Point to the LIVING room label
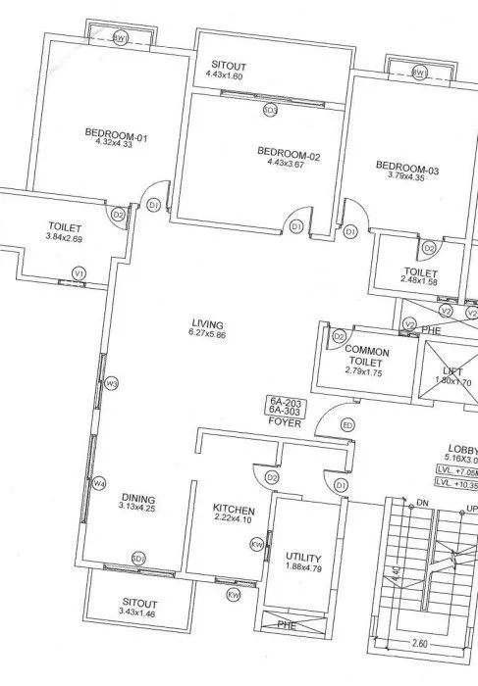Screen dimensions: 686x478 208,323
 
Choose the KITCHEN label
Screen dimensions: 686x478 235,510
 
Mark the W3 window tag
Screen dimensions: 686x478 111,383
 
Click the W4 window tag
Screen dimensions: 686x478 98,484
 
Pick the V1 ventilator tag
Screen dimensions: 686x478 80,272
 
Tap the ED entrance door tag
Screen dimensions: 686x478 346,424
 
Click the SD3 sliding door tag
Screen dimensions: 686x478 270,111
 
